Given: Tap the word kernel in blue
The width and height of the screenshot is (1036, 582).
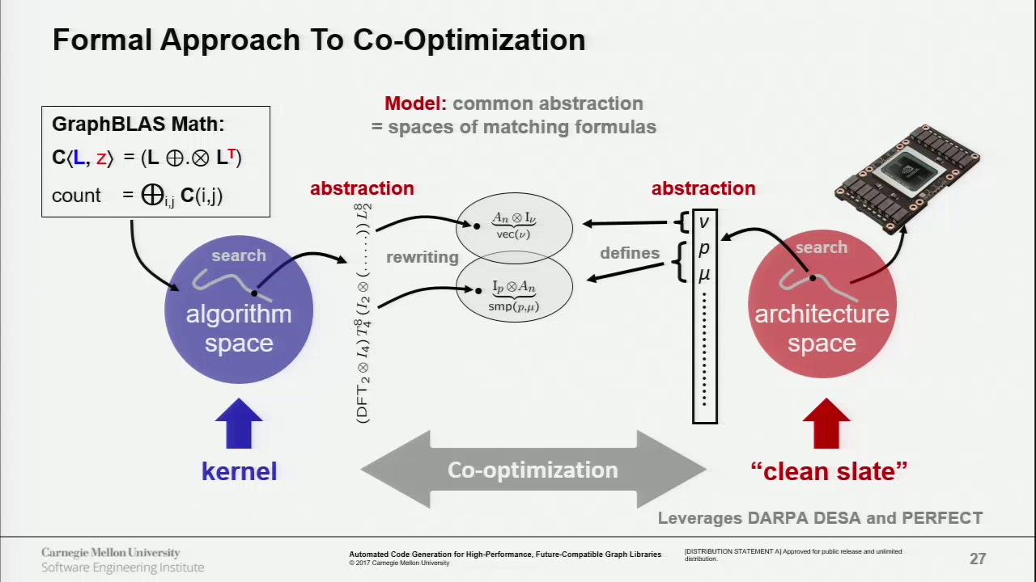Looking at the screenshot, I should point(239,471).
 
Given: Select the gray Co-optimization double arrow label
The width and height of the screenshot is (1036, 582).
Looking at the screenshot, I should point(533,470).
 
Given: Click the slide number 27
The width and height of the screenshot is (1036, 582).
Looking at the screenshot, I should point(978,559).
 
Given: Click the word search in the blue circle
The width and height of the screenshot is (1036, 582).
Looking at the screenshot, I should point(239,255).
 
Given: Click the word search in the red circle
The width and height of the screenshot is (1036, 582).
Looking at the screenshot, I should point(822,247).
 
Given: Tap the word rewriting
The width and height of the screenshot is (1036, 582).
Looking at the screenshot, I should point(422,257).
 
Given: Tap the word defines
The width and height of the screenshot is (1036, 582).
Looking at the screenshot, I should point(630,253).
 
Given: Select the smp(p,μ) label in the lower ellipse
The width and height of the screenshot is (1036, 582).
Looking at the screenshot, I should point(514,307).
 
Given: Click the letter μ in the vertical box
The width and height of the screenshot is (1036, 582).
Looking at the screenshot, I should point(704,275).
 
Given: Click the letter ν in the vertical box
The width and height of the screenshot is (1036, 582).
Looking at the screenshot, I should point(704,221).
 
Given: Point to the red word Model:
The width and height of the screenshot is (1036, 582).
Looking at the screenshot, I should point(415,103).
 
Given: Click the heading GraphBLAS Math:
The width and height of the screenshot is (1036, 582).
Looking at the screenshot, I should point(138,124).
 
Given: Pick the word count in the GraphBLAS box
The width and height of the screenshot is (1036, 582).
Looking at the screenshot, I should point(76,196).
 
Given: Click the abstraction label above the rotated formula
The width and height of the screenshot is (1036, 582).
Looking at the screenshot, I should point(362,188).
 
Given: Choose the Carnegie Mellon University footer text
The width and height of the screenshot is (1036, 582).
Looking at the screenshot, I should point(111,553).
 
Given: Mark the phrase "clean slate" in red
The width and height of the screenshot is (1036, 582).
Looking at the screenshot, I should point(829,471).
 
